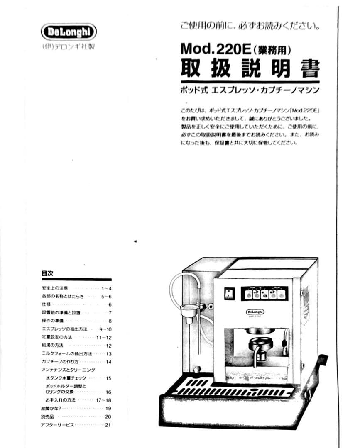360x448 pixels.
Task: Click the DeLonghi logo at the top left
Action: (x=69, y=32)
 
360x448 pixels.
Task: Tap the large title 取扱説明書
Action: (x=250, y=68)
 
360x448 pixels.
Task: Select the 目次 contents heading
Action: (x=47, y=273)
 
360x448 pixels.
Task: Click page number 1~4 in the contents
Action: (x=106, y=288)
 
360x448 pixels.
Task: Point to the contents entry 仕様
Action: (x=46, y=304)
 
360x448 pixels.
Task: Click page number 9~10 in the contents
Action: (x=105, y=329)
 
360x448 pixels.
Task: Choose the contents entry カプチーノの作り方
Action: (x=60, y=362)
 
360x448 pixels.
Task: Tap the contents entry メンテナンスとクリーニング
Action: (x=69, y=370)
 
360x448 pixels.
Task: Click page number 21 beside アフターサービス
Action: (x=108, y=425)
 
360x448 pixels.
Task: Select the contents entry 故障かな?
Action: (x=51, y=409)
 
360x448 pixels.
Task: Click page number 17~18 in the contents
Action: (x=103, y=400)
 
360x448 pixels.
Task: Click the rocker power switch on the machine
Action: (x=228, y=293)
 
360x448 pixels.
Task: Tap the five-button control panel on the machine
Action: (x=264, y=294)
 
